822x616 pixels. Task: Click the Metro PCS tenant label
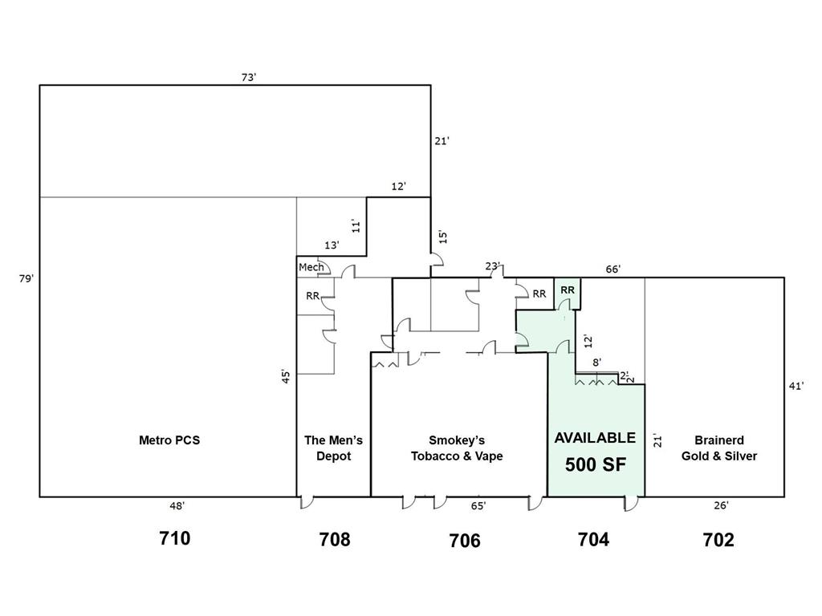click(x=169, y=440)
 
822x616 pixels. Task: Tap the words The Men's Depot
click(x=333, y=448)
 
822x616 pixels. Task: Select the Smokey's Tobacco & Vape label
click(x=457, y=448)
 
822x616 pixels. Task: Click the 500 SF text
click(x=596, y=464)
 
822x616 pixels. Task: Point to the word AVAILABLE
click(x=595, y=438)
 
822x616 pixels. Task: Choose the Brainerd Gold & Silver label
click(x=719, y=448)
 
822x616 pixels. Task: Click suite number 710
click(x=174, y=538)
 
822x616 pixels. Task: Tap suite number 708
click(x=335, y=539)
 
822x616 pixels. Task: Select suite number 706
click(x=465, y=540)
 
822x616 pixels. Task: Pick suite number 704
click(x=593, y=539)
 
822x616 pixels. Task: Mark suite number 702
click(x=718, y=539)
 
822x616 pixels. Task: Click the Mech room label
click(x=311, y=267)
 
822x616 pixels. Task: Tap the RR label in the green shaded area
click(x=568, y=290)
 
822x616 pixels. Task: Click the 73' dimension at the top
click(x=249, y=78)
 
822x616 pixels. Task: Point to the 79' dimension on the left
click(x=26, y=278)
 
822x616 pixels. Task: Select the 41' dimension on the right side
click(x=796, y=386)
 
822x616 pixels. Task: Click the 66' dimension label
click(x=612, y=269)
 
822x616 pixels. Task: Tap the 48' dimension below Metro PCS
click(x=177, y=506)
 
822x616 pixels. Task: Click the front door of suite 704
click(x=631, y=504)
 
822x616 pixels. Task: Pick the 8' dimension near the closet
click(x=596, y=363)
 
